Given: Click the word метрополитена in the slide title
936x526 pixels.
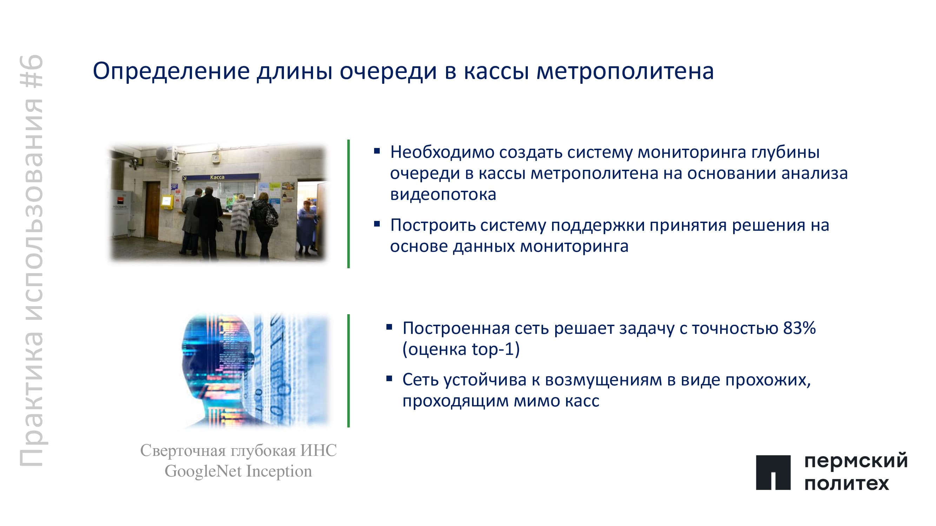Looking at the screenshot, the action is click(625, 72).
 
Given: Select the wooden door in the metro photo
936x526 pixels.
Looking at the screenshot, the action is click(152, 209).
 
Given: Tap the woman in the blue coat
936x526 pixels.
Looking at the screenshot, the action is click(307, 227).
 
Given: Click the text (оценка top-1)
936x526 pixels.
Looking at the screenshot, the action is click(461, 349).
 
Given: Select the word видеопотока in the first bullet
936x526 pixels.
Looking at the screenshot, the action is click(443, 195).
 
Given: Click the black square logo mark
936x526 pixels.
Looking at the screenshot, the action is click(773, 472).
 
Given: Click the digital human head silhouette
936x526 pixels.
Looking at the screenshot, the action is click(218, 370).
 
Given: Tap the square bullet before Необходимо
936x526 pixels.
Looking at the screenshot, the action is click(377, 151).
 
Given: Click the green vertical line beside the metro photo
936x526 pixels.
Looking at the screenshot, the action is click(348, 204).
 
